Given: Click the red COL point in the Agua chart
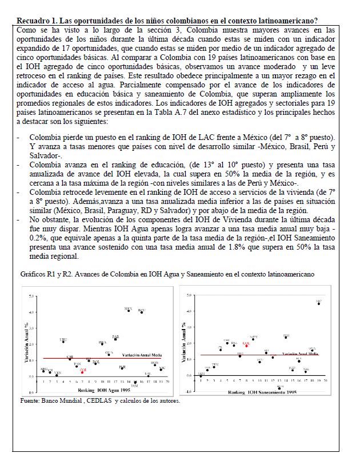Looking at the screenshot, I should [x=82, y=372].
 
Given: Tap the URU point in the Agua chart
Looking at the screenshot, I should [x=63, y=342].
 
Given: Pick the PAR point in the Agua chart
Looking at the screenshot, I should [x=115, y=339].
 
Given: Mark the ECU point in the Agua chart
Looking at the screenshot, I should [x=142, y=312].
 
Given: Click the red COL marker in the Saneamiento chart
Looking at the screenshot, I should [x=246, y=346].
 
